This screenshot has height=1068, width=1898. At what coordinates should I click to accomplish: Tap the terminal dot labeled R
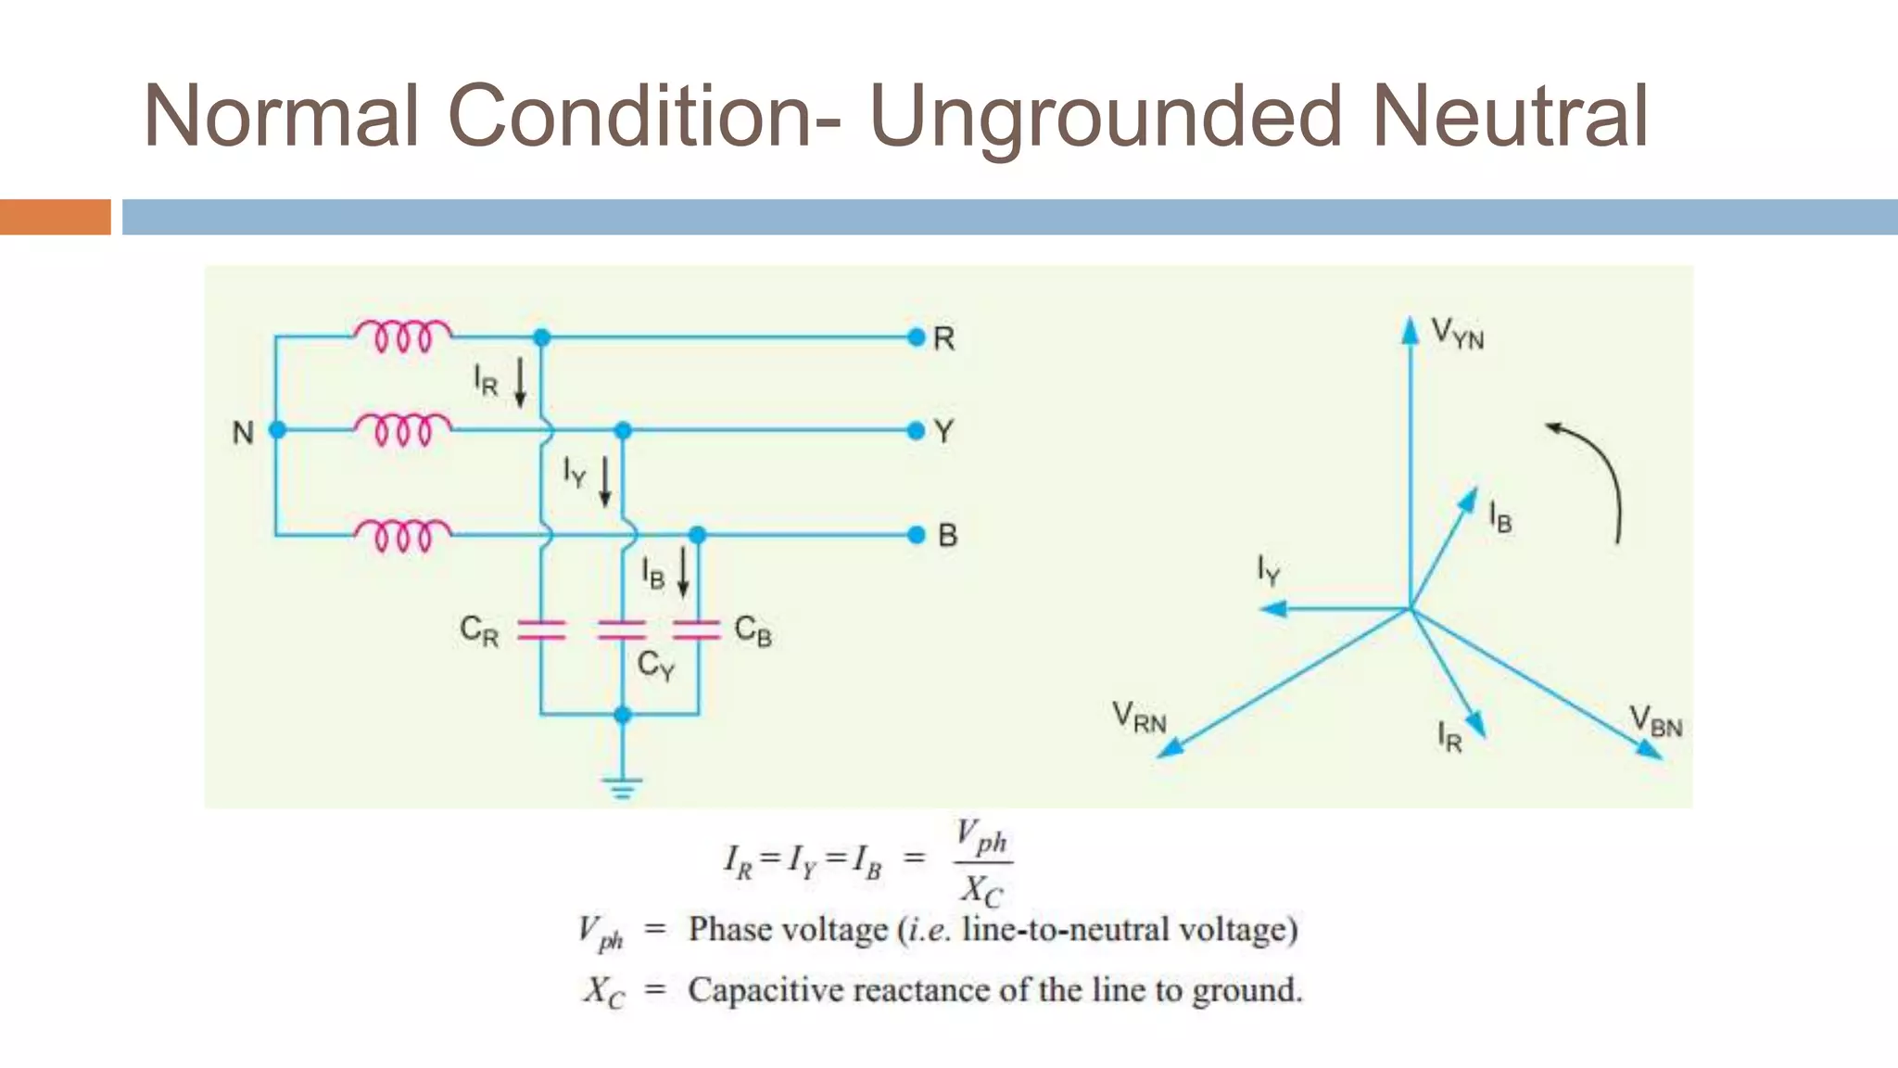click(x=917, y=337)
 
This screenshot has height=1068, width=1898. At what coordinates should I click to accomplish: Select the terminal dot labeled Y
click(x=917, y=431)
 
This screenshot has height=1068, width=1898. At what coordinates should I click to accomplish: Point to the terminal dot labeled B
click(x=917, y=535)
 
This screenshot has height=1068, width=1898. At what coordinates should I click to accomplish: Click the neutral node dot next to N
click(x=276, y=430)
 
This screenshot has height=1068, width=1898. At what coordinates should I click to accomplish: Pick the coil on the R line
click(x=402, y=336)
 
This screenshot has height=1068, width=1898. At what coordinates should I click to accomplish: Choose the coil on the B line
click(x=402, y=535)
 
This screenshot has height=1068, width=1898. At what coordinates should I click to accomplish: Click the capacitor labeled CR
click(x=541, y=630)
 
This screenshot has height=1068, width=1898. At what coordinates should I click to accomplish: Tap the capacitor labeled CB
click(x=697, y=630)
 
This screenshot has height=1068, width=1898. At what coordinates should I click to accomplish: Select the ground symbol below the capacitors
click(x=622, y=788)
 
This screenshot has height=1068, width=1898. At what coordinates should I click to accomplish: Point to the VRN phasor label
click(x=1139, y=718)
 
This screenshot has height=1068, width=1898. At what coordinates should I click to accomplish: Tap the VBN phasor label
click(x=1656, y=721)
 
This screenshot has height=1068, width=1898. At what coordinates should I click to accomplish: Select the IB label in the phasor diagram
click(x=1500, y=516)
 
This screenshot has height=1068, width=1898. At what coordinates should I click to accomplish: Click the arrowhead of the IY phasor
click(x=1272, y=609)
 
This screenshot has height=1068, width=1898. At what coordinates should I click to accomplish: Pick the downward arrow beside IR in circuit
click(x=521, y=382)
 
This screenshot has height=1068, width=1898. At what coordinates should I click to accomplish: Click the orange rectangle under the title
click(x=55, y=217)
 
